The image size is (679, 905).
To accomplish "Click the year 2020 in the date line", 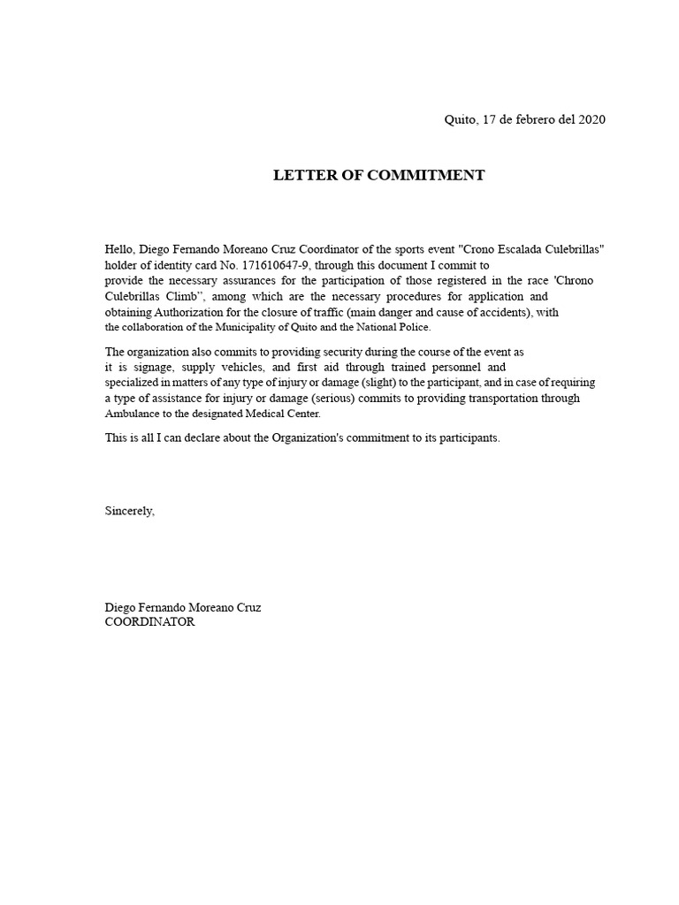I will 591,120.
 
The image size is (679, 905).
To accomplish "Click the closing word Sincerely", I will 129,511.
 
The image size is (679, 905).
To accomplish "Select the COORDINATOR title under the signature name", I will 149,622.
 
